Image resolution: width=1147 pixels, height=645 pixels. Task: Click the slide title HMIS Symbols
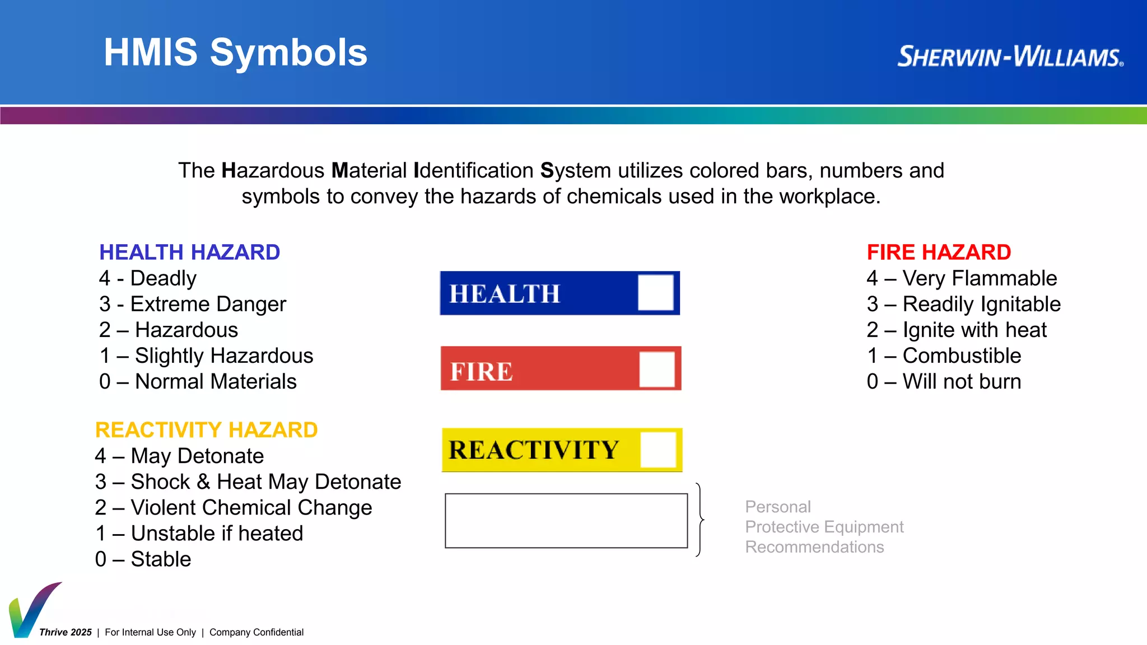tap(235, 53)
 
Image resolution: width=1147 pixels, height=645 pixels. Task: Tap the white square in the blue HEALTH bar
tap(655, 292)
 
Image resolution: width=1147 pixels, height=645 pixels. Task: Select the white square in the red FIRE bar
tap(657, 369)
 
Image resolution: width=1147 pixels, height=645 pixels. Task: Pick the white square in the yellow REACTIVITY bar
tap(658, 449)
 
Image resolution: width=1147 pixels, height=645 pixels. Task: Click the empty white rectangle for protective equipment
tap(566, 521)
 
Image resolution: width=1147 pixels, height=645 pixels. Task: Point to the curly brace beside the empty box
tap(699, 520)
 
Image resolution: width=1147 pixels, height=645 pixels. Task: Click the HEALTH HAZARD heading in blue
tap(189, 253)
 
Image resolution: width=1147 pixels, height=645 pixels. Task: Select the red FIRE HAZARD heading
tap(939, 253)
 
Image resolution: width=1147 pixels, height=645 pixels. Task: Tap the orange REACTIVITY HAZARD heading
tap(206, 430)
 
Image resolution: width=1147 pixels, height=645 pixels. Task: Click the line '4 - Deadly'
tap(148, 278)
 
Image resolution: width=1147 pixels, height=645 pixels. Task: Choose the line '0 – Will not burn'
tap(944, 382)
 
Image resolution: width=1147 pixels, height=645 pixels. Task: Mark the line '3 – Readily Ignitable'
tap(963, 304)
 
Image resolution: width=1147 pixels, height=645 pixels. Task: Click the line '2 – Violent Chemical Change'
tap(234, 507)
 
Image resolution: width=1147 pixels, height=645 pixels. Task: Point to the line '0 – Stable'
tap(143, 559)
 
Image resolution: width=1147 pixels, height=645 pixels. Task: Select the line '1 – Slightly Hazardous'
tap(206, 356)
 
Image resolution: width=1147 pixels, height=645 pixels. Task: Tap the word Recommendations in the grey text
tap(814, 547)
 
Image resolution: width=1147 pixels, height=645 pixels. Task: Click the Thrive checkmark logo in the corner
tap(32, 610)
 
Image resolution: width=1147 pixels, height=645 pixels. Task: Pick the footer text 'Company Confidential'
tap(257, 632)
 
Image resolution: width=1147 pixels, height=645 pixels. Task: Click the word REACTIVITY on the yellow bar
tap(534, 450)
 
